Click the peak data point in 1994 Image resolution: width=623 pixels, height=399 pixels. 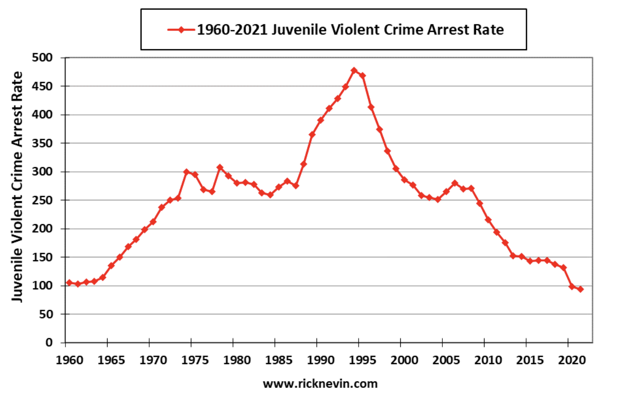354,70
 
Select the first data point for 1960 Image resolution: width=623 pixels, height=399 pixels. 69,282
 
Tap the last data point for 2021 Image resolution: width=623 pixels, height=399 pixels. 581,289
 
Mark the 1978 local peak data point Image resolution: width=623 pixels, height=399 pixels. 220,168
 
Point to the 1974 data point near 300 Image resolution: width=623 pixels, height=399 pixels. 187,172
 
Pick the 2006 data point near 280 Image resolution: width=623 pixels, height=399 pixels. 455,183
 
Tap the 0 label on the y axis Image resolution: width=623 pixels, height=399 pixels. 49,343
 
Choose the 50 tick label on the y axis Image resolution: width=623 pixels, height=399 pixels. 46,314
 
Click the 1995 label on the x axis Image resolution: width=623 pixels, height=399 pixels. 362,360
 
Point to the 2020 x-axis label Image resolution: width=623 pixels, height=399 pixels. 572,360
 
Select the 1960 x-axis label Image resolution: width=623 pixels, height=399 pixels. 70,360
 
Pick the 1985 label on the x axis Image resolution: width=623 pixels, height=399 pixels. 279,360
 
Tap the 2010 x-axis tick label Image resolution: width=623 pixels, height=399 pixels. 488,360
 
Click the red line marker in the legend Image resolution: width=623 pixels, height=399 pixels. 181,30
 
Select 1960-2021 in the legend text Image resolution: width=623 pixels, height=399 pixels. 232,30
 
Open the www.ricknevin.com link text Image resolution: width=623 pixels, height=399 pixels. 320,384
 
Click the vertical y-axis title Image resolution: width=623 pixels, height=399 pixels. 17,187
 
